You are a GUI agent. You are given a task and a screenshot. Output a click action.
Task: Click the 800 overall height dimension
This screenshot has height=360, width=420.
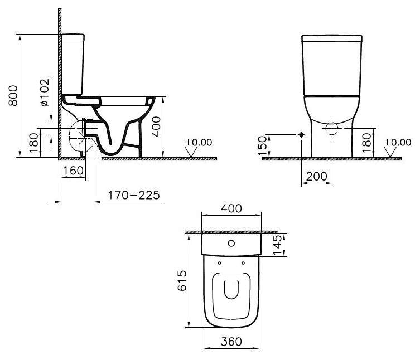pyautogui.click(x=13, y=95)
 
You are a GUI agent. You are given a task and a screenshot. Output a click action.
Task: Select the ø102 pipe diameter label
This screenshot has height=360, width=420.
pyautogui.click(x=45, y=93)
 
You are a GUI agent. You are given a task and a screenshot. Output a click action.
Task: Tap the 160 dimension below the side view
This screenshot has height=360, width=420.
pyautogui.click(x=73, y=171)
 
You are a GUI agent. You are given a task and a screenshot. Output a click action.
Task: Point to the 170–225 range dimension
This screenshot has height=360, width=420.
pyautogui.click(x=134, y=195)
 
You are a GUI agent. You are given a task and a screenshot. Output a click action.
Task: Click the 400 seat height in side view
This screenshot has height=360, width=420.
pyautogui.click(x=156, y=127)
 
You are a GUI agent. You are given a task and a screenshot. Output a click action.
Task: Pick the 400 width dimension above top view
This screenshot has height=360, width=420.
pyautogui.click(x=231, y=208)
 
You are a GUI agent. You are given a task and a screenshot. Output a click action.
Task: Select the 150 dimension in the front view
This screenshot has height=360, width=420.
pyautogui.click(x=263, y=145)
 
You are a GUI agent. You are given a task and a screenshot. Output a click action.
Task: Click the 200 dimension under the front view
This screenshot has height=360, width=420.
pyautogui.click(x=317, y=177)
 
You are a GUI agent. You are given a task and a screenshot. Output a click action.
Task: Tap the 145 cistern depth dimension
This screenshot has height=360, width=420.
pyautogui.click(x=277, y=245)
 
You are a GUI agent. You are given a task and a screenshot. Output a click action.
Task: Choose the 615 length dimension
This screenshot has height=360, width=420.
pyautogui.click(x=182, y=280)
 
